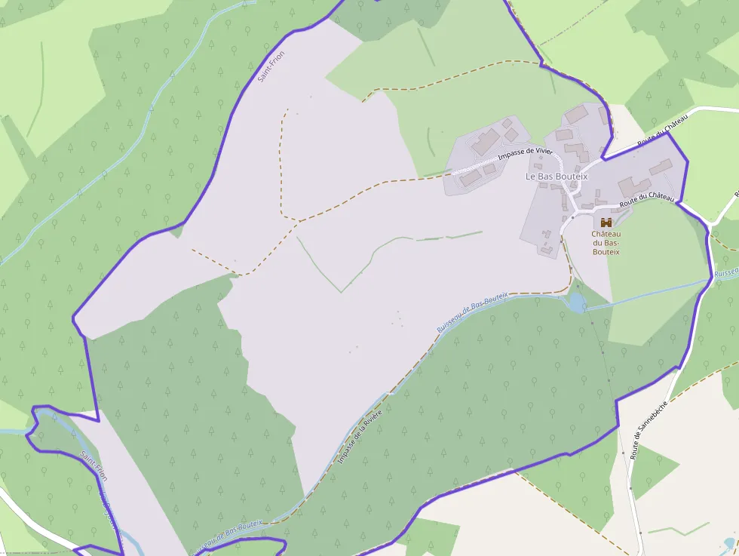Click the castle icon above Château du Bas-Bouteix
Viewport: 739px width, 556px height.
(606, 222)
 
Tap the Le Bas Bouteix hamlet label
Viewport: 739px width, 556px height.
(557, 176)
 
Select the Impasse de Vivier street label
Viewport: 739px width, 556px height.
(525, 154)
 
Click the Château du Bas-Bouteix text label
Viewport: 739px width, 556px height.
(606, 242)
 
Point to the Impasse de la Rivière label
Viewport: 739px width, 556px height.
(360, 438)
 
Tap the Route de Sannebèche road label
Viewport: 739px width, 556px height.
(649, 429)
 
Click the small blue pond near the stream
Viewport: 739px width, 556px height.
(577, 303)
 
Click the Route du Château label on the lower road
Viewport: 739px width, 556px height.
(646, 201)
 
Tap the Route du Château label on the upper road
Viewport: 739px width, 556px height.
(663, 133)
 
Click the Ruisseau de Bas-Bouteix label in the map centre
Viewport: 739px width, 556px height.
(473, 312)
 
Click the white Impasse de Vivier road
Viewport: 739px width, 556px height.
(483, 164)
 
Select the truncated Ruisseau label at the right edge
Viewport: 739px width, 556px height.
(725, 272)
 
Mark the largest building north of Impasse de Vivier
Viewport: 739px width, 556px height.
(486, 141)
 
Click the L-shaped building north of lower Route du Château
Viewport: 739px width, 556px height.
(634, 186)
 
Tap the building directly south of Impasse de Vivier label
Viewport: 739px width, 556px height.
(471, 177)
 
